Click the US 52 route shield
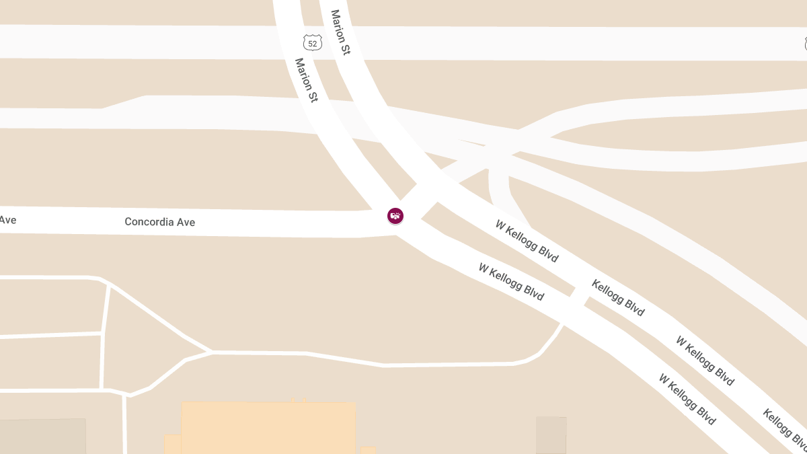[x=312, y=43]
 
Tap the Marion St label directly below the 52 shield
[x=306, y=80]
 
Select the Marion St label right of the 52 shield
[x=340, y=32]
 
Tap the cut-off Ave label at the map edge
[x=7, y=220]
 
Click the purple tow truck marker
[x=395, y=216]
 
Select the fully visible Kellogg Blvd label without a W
[x=618, y=297]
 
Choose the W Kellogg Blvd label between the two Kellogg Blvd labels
[x=705, y=361]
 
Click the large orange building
[x=269, y=428]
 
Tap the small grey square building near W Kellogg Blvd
[x=551, y=434]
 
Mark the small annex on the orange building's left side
[x=173, y=443]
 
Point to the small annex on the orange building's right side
[x=368, y=449]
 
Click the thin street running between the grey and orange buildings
[x=125, y=424]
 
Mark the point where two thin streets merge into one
[x=211, y=352]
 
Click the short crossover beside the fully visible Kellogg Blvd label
[x=576, y=297]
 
